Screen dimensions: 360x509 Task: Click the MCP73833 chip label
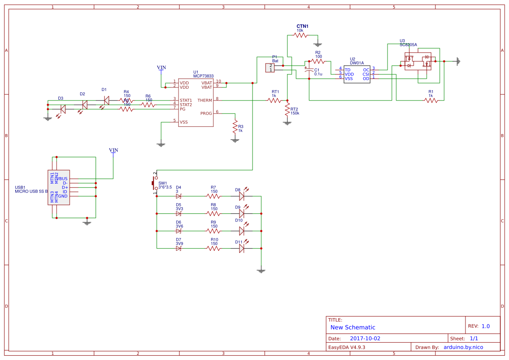tap(203, 76)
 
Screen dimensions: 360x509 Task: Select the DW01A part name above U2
tap(357, 63)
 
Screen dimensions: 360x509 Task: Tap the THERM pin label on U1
tap(205, 101)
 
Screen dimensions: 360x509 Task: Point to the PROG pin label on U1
tap(206, 114)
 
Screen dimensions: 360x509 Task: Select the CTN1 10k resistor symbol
tap(300, 35)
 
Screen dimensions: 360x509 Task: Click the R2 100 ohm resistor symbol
tap(318, 61)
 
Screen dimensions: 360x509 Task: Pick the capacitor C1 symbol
tap(309, 71)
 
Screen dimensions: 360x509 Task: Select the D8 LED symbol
tap(242, 196)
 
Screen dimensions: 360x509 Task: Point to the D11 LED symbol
tap(242, 248)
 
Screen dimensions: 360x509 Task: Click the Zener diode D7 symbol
tap(179, 248)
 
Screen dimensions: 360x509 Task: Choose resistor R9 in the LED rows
tap(213, 231)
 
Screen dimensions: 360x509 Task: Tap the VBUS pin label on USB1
tap(62, 179)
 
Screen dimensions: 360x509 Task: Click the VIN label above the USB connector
tap(113, 150)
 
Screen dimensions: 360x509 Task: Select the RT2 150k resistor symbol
tap(287, 110)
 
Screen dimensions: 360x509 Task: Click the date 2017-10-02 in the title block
tap(365, 338)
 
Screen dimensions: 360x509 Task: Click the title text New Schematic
tap(353, 327)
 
